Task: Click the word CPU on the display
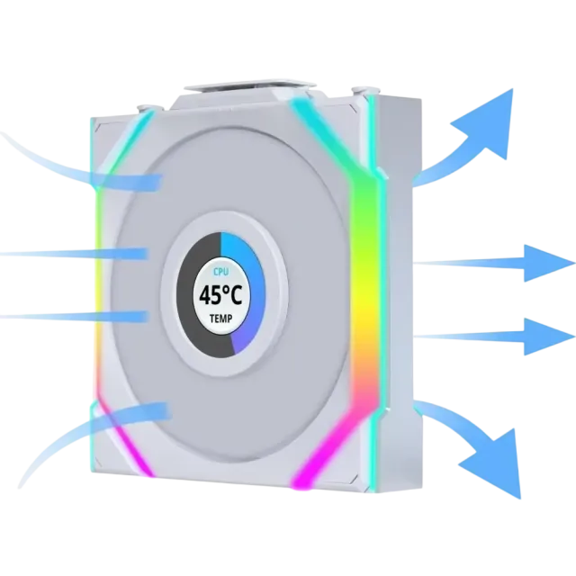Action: (220, 272)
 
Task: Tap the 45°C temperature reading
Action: (220, 295)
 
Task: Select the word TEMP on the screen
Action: (220, 319)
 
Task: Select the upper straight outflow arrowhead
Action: (547, 263)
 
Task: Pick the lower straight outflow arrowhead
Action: (547, 337)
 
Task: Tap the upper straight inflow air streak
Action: (74, 254)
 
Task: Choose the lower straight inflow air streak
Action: (74, 316)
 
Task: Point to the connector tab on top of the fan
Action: (250, 85)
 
